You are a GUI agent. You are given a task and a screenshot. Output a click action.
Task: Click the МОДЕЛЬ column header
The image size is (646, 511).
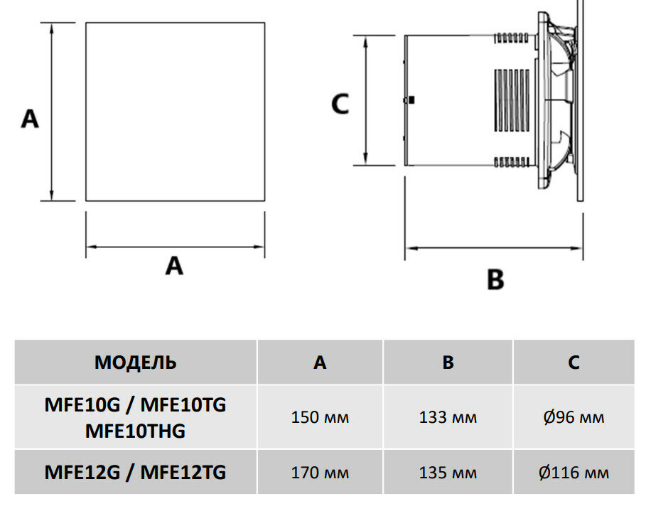(135, 362)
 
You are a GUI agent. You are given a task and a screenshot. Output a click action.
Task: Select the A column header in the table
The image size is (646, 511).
(320, 362)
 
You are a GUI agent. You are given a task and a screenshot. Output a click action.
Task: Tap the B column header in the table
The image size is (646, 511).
(448, 362)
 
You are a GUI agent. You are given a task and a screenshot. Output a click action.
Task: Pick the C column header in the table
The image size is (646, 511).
(574, 362)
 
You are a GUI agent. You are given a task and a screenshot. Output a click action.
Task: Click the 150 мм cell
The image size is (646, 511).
(320, 417)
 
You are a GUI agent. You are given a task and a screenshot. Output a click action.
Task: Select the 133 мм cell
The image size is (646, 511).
(448, 417)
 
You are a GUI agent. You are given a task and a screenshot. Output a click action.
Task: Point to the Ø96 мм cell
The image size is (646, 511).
(574, 417)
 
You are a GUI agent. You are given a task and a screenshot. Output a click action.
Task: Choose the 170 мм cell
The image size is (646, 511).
(320, 473)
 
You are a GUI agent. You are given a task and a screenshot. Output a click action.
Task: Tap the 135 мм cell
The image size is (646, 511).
(448, 473)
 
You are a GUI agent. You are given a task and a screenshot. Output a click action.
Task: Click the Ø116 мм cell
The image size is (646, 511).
(574, 473)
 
